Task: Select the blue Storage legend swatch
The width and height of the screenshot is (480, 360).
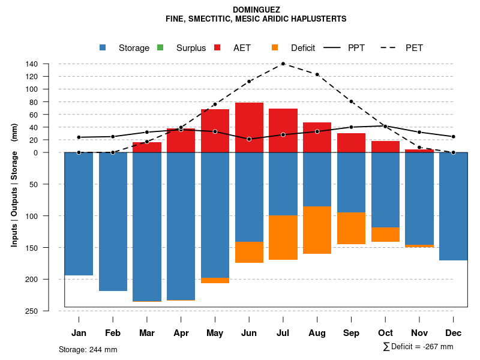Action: pyautogui.click(x=103, y=48)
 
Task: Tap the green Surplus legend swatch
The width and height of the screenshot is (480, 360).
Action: pyautogui.click(x=160, y=48)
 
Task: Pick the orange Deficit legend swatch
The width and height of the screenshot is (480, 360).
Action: pyautogui.click(x=275, y=48)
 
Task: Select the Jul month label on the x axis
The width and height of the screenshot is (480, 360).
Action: pyautogui.click(x=283, y=333)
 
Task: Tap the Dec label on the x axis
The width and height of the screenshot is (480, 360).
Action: pyautogui.click(x=454, y=333)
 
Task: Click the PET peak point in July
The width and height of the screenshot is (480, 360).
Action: pyautogui.click(x=283, y=64)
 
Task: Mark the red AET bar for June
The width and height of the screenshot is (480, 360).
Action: pyautogui.click(x=249, y=127)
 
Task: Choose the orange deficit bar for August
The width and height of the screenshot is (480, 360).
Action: pyautogui.click(x=317, y=230)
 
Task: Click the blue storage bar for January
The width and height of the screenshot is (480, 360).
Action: pyautogui.click(x=79, y=214)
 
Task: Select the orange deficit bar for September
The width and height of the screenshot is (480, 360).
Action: pyautogui.click(x=351, y=228)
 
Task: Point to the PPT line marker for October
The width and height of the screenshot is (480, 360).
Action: pyautogui.click(x=385, y=126)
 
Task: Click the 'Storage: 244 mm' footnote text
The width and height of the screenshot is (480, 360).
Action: pyautogui.click(x=88, y=349)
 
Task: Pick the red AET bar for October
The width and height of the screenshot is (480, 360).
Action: pyautogui.click(x=385, y=146)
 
